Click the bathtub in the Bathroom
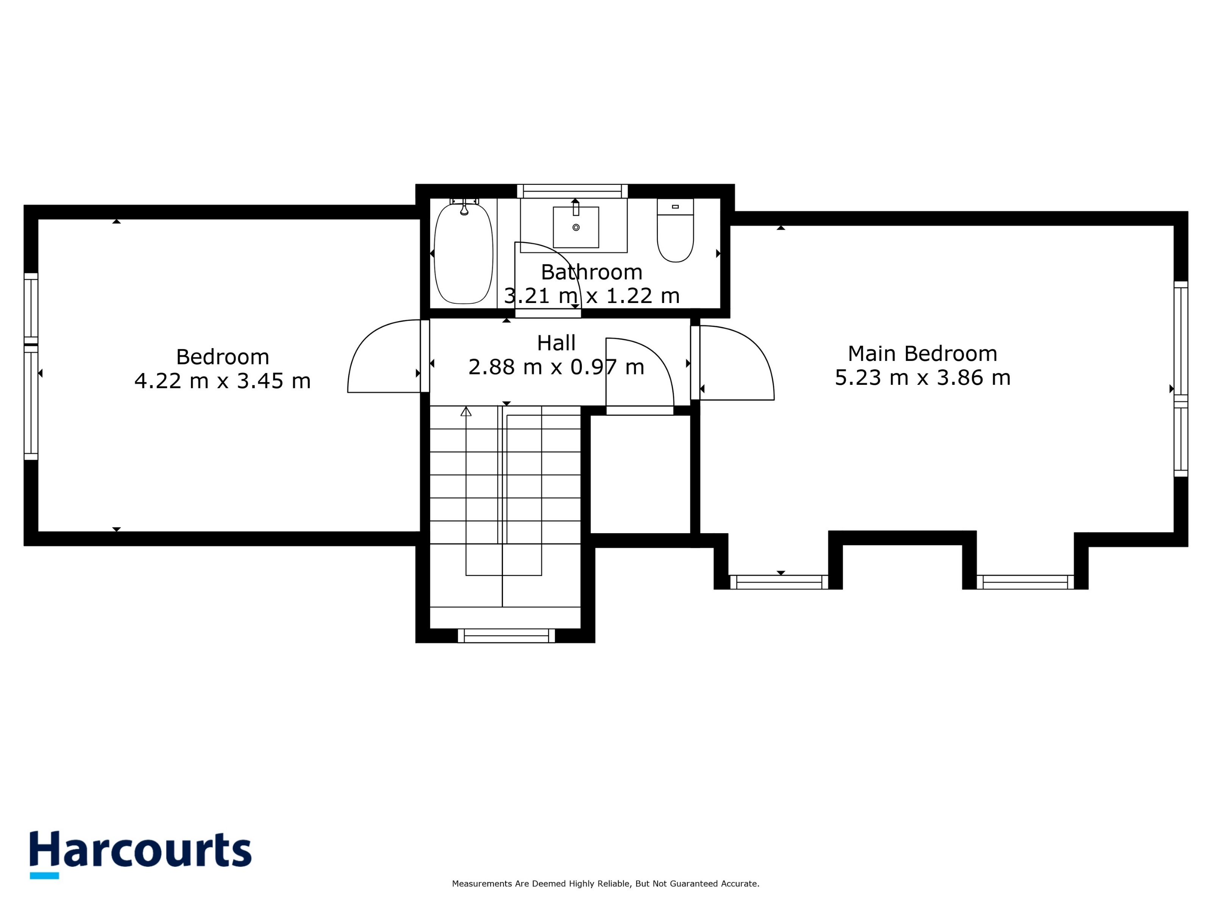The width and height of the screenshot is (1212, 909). (x=464, y=253)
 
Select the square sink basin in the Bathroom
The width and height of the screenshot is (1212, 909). (x=576, y=227)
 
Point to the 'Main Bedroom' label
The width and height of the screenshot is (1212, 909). (x=922, y=353)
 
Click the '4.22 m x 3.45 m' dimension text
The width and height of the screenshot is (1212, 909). (x=222, y=381)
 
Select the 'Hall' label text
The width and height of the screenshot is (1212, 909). (x=556, y=343)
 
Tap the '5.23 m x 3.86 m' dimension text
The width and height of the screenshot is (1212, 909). (x=922, y=378)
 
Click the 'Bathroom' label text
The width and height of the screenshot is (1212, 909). (x=591, y=272)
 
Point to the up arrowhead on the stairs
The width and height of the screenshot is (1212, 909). (x=466, y=411)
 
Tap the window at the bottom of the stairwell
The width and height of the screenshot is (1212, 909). (x=506, y=636)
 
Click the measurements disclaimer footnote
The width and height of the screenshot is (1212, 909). (x=606, y=884)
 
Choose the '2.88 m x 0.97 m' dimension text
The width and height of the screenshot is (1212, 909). (x=556, y=367)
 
